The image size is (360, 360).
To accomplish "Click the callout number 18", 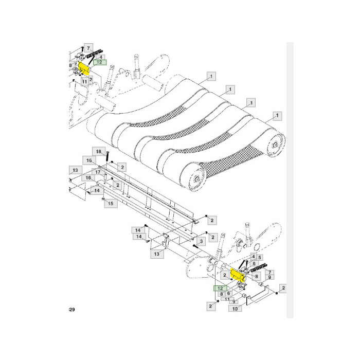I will click(99, 151).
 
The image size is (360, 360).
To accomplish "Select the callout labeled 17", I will click(98, 172).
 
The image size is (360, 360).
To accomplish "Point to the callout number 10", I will click(235, 309).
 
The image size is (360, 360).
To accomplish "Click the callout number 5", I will click(260, 257).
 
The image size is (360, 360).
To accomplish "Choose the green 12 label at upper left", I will click(99, 62).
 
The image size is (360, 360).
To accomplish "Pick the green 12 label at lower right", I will click(220, 289).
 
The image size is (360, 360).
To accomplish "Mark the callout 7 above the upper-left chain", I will click(88, 48).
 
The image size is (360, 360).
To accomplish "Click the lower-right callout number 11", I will click(227, 299).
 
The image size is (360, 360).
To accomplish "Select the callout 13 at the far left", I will click(75, 170).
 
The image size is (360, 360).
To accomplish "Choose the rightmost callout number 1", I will click(277, 115).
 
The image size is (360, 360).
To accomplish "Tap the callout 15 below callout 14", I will click(110, 204).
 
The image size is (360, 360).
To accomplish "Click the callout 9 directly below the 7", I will click(270, 278).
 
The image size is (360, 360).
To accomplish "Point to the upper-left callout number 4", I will click(102, 57).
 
